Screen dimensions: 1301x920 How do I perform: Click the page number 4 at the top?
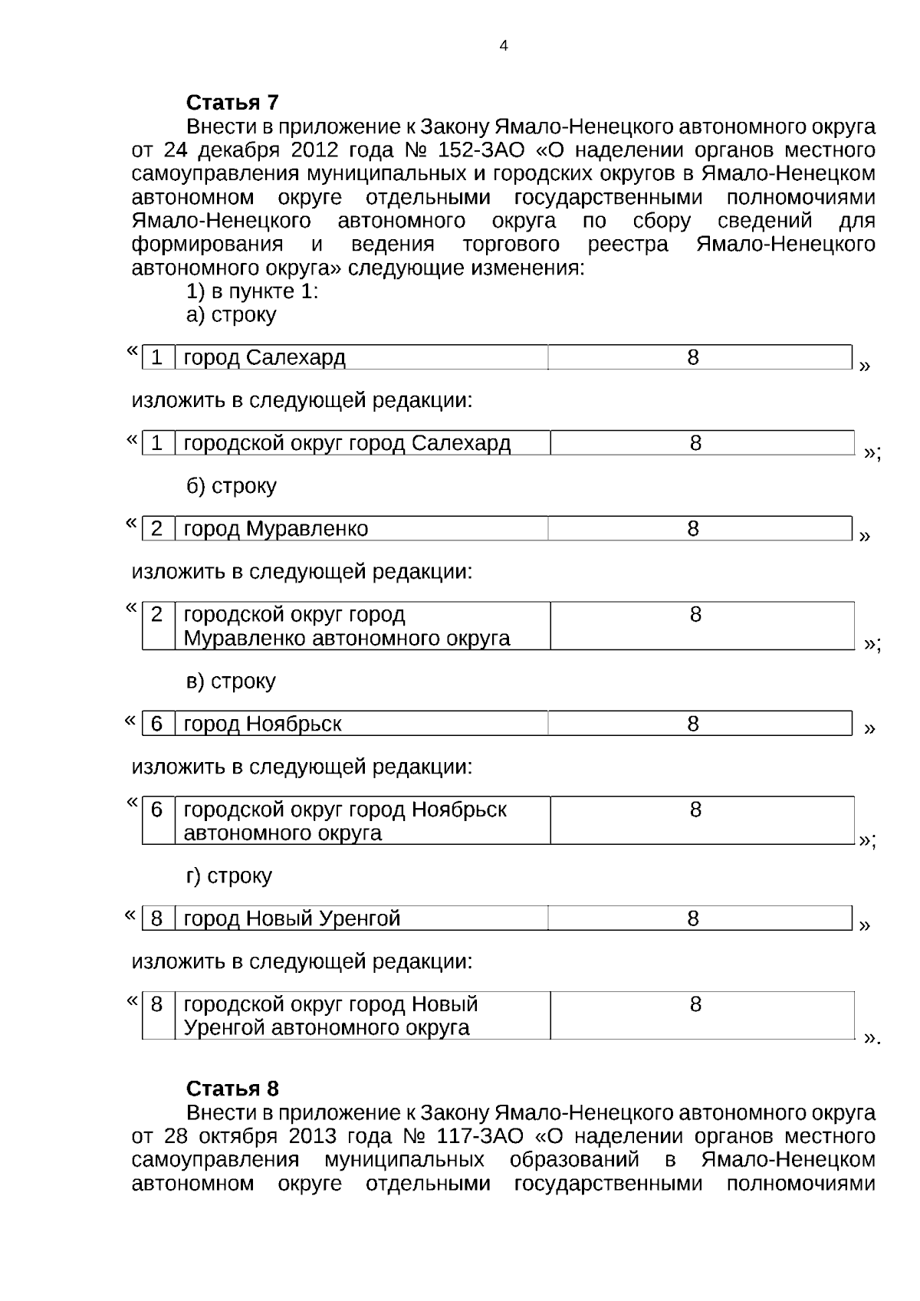click(x=503, y=46)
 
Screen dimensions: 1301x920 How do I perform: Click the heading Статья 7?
click(x=232, y=103)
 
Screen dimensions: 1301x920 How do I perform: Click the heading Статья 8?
click(x=232, y=1089)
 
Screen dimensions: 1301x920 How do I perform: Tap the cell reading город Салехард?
click(x=264, y=358)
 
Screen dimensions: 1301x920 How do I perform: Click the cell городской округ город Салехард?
click(x=347, y=444)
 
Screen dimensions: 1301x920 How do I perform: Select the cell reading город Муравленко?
click(x=275, y=529)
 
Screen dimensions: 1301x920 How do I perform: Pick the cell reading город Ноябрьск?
click(x=262, y=724)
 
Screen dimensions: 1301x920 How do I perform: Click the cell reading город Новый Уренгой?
click(x=291, y=919)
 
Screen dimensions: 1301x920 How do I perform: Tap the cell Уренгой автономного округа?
click(x=326, y=1028)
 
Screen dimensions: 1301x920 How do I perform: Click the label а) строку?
click(x=231, y=315)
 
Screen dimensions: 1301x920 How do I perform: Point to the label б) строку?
click(x=231, y=487)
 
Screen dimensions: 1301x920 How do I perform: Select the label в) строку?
click(x=231, y=682)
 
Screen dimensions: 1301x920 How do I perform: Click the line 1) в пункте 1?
click(x=252, y=292)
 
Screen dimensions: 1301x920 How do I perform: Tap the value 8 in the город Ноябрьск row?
click(x=692, y=724)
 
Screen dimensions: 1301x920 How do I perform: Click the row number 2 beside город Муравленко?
click(x=157, y=529)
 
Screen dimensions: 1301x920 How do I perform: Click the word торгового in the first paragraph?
click(x=511, y=245)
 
